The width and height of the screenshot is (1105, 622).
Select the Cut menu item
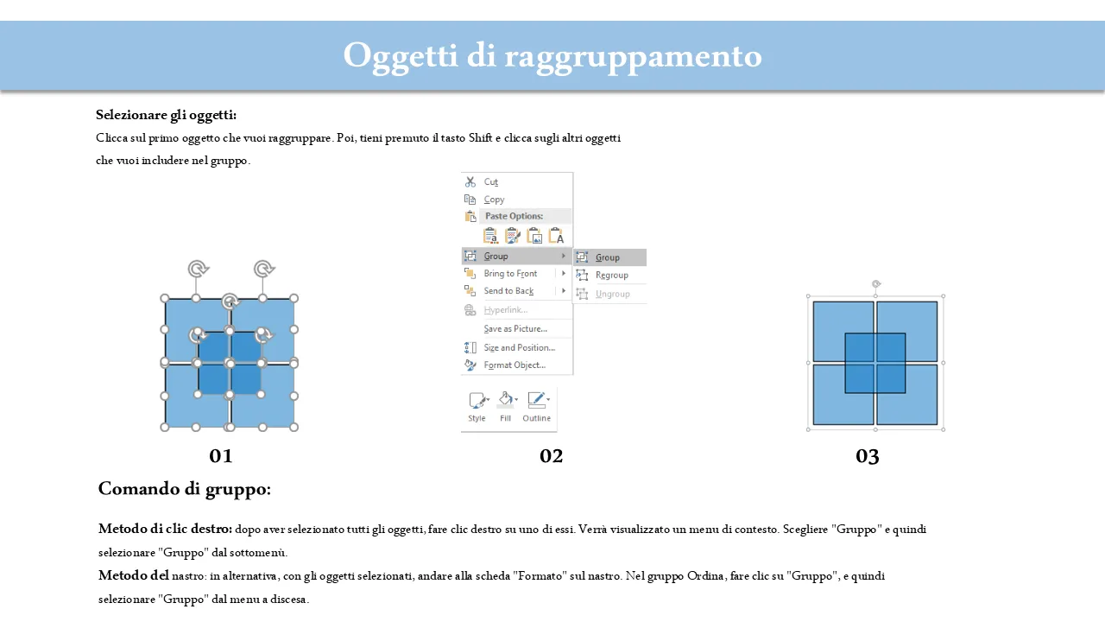[491, 181]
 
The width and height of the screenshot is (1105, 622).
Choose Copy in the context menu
[494, 200]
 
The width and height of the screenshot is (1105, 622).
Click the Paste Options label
[514, 216]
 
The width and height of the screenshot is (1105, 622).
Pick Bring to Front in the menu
[510, 274]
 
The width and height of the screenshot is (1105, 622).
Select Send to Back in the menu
[508, 291]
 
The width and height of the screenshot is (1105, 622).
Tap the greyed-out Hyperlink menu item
[506, 310]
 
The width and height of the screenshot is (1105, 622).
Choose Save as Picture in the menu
[515, 329]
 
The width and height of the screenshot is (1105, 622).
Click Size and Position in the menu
[520, 347]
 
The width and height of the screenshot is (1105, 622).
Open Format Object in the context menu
[515, 365]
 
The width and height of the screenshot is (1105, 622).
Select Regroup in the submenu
[612, 275]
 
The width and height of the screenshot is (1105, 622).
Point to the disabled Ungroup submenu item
[613, 294]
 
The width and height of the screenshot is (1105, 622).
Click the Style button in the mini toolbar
[477, 407]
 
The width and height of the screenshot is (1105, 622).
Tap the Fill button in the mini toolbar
[506, 407]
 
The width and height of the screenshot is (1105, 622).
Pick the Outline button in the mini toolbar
[537, 407]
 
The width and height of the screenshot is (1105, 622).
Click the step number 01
[220, 456]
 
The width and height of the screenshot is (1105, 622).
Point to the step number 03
[868, 456]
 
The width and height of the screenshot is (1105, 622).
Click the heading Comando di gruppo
[185, 489]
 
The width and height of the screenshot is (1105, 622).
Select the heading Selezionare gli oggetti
[167, 115]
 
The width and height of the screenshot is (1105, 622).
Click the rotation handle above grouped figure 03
[876, 284]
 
